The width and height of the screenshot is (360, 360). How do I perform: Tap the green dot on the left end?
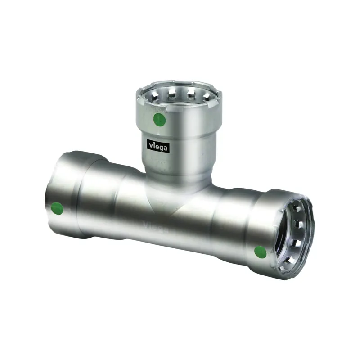(57, 208)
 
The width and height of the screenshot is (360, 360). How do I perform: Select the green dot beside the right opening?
(261, 252)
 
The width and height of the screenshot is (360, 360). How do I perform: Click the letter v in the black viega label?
(151, 145)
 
